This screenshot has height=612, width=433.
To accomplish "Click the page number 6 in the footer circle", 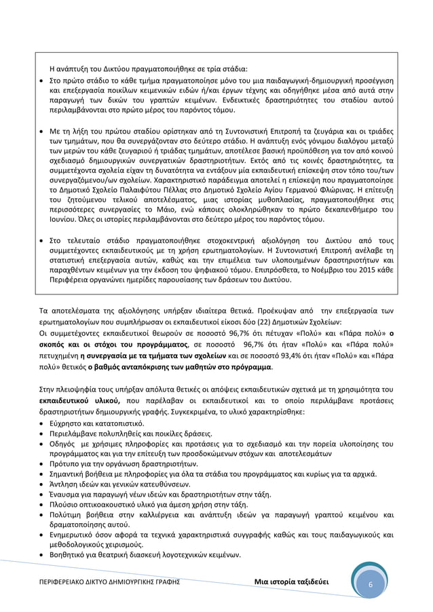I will (371, 584).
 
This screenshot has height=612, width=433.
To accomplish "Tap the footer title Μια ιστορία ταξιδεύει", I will (295, 584).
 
